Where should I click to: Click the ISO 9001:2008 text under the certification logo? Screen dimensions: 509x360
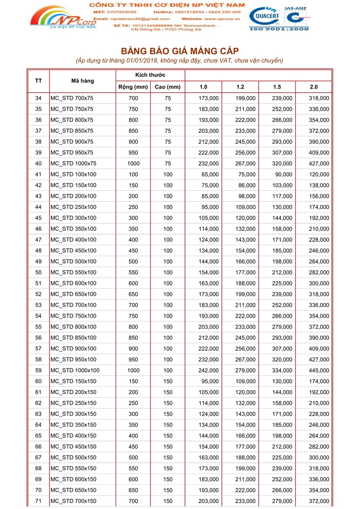(279, 29)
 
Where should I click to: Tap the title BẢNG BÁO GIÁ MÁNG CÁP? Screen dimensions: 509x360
(180, 51)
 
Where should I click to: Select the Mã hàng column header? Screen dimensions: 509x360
(83, 81)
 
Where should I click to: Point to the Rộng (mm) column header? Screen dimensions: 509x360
(133, 87)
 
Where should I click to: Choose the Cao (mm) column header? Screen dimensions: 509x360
(168, 87)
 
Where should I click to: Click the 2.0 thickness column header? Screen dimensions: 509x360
(314, 87)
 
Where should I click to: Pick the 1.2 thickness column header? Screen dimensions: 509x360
(240, 87)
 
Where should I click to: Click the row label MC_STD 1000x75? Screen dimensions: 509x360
(74, 163)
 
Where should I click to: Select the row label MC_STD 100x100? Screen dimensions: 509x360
(74, 174)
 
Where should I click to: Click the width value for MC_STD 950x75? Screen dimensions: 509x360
(133, 152)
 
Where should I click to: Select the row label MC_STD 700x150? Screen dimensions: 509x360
(74, 501)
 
